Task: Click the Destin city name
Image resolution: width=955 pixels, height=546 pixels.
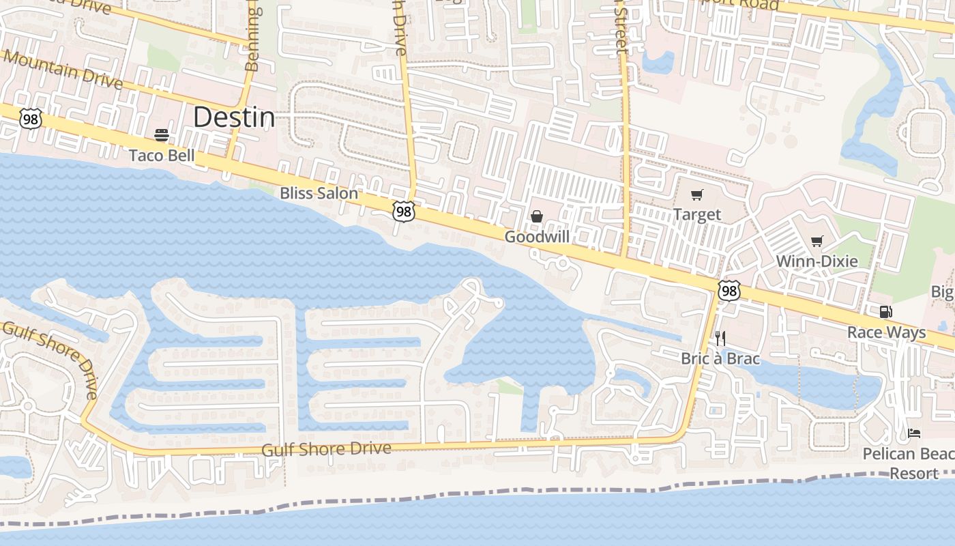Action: tap(234, 117)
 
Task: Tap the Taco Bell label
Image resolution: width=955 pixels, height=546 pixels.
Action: tap(162, 156)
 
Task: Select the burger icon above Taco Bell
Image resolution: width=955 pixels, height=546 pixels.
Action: tap(162, 134)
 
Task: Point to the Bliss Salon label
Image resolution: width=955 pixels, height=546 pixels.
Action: tap(319, 193)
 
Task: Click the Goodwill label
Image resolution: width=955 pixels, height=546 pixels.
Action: tap(537, 237)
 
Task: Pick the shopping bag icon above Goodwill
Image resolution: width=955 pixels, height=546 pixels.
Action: tap(537, 216)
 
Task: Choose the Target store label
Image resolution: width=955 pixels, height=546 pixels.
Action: tap(697, 215)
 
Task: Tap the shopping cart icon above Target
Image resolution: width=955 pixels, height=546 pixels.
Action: tap(696, 195)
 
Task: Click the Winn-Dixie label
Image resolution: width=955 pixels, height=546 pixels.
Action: tap(817, 261)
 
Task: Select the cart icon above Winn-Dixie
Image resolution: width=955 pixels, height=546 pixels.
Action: tap(817, 241)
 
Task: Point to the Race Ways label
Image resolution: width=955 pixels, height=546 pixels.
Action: tap(886, 332)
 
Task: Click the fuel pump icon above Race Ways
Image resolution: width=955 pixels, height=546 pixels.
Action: tap(885, 312)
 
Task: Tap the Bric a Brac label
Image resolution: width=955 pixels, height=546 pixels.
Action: tap(720, 358)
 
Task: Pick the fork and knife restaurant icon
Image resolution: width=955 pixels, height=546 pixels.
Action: tap(720, 338)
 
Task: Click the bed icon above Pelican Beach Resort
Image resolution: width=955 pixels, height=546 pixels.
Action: tap(914, 433)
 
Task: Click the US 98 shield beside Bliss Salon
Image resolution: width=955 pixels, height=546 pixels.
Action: tap(404, 212)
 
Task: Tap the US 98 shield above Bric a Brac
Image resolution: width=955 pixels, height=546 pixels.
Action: tap(729, 291)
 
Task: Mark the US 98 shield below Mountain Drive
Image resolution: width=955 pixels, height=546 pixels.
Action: tap(30, 120)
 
